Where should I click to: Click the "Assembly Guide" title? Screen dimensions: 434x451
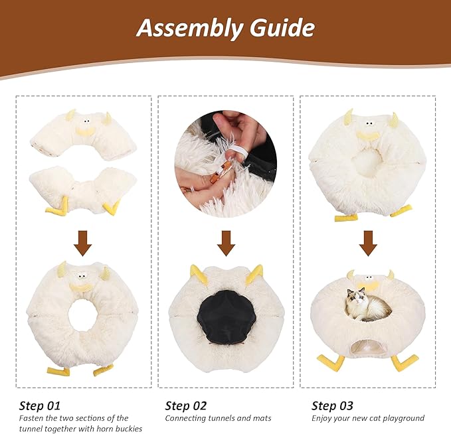click(x=225, y=28)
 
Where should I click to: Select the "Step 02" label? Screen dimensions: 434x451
click(x=186, y=406)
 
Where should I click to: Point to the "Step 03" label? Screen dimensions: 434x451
click(x=332, y=406)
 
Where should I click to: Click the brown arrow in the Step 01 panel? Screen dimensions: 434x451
click(x=82, y=243)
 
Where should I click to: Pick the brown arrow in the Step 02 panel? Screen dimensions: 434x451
click(x=226, y=243)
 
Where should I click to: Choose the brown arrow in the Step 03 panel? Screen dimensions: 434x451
click(x=369, y=243)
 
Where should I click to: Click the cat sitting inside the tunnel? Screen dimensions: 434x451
click(x=367, y=307)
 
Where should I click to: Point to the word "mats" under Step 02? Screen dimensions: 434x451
click(x=260, y=419)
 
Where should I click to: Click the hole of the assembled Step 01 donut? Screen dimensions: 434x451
click(x=82, y=315)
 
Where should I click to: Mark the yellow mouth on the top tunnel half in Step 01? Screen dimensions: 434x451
click(x=84, y=131)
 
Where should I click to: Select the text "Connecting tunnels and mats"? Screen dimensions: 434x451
click(x=218, y=419)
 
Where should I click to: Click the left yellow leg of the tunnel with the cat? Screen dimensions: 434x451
click(x=330, y=362)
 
